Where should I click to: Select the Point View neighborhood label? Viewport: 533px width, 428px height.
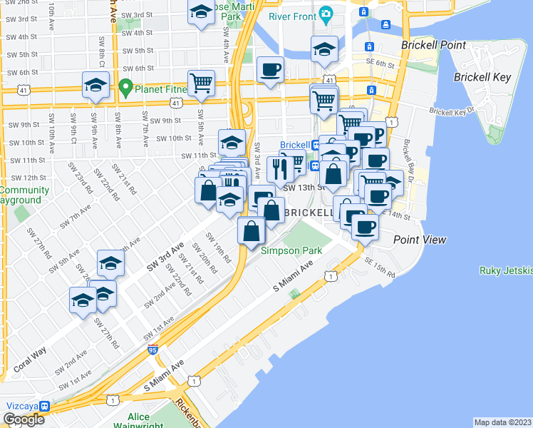point(420,240)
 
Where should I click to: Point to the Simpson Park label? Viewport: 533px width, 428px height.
point(291,250)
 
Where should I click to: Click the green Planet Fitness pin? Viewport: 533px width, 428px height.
point(127,88)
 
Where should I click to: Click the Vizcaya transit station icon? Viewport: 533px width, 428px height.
point(44,406)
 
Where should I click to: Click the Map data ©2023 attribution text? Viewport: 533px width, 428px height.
point(502,422)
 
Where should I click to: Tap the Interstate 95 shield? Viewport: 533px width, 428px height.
point(153,349)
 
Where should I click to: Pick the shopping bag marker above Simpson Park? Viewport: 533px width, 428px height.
point(252,231)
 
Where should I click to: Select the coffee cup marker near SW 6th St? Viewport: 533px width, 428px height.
point(270,70)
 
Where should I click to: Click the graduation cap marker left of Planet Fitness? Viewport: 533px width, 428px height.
point(95,86)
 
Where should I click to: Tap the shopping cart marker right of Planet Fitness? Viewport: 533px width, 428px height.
point(202,83)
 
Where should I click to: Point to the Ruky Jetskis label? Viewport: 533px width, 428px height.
point(507,271)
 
